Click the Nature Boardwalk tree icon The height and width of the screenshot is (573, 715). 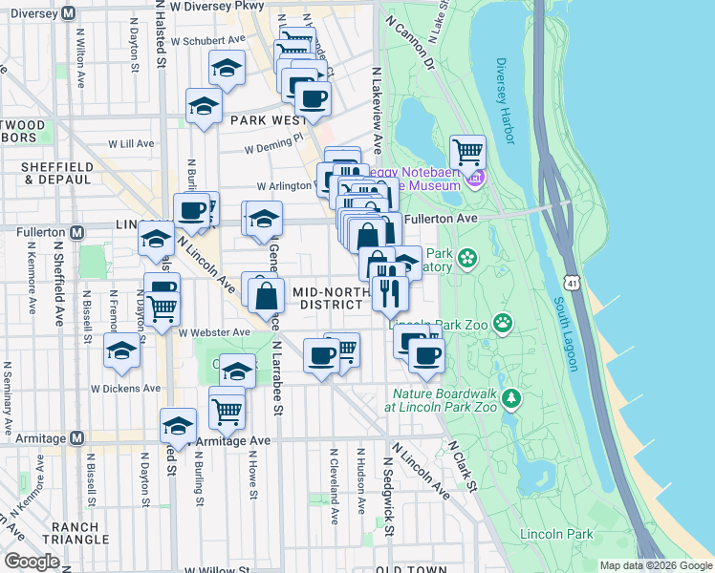pyautogui.click(x=512, y=397)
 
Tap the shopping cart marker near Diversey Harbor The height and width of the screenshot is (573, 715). pyautogui.click(x=467, y=152)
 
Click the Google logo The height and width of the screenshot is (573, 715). pyautogui.click(x=32, y=562)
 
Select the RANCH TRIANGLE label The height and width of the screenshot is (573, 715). pyautogui.click(x=81, y=534)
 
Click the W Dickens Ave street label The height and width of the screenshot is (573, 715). pyautogui.click(x=125, y=389)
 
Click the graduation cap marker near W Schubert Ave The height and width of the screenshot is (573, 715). pyautogui.click(x=227, y=69)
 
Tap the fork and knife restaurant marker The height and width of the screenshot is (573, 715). pyautogui.click(x=390, y=291)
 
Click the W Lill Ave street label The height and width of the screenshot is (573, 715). pyautogui.click(x=131, y=144)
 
